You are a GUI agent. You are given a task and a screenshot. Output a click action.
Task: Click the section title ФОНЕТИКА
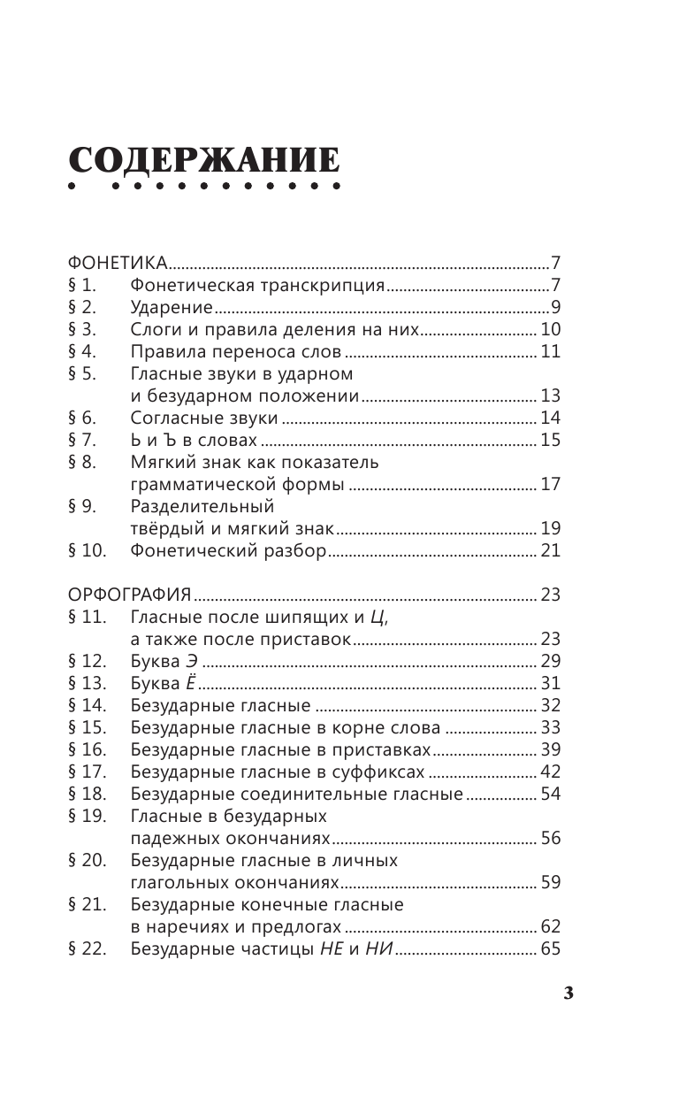point(118,263)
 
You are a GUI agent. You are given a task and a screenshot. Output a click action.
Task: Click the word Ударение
point(171,308)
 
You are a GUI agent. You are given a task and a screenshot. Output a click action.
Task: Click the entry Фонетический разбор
point(229,550)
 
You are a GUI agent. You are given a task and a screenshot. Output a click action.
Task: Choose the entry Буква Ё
point(163,683)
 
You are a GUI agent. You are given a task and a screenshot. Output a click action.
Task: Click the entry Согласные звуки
point(204,418)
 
